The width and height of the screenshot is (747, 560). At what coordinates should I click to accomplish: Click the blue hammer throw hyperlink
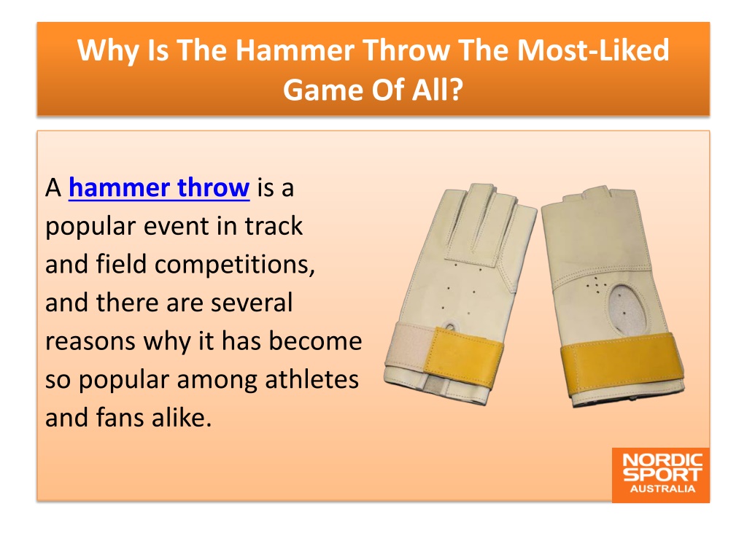click(x=159, y=187)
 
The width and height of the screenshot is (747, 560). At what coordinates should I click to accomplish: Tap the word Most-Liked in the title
click(x=593, y=50)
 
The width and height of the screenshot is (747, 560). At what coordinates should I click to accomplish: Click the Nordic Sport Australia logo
click(x=661, y=475)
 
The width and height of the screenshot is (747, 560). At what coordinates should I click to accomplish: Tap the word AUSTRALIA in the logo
click(x=662, y=489)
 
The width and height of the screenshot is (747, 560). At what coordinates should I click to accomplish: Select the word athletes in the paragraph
click(x=311, y=379)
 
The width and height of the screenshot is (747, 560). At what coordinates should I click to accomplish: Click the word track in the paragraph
click(x=274, y=226)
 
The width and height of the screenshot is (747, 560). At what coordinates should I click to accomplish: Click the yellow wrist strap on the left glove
click(x=463, y=357)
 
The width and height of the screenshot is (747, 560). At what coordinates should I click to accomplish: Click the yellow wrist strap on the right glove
click(x=622, y=365)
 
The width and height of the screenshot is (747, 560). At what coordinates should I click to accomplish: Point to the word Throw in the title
click(x=406, y=50)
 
